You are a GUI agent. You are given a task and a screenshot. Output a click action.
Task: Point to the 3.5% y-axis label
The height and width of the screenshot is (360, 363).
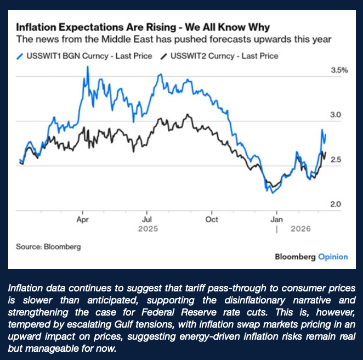click(339, 70)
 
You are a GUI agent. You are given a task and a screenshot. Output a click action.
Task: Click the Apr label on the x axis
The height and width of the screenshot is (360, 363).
click(82, 219)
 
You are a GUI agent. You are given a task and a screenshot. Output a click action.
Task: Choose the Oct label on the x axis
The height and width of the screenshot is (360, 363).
click(211, 219)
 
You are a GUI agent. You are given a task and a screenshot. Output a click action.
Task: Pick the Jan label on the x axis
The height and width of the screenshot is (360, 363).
click(276, 219)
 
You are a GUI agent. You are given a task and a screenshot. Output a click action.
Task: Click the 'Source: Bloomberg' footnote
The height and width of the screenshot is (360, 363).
click(49, 246)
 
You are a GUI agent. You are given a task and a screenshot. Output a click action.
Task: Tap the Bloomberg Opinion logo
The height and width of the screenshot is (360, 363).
click(311, 256)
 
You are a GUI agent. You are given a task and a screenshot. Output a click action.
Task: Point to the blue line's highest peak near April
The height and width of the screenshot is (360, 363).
click(88, 66)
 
